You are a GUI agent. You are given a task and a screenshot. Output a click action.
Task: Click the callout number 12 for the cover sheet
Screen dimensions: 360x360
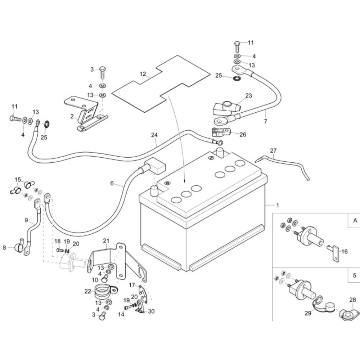143,75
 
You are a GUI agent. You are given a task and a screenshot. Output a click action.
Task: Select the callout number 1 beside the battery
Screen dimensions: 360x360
278,206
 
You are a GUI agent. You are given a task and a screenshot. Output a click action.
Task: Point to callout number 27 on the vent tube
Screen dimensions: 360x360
273,151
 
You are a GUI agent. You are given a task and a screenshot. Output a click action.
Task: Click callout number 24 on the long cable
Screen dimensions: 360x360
154,135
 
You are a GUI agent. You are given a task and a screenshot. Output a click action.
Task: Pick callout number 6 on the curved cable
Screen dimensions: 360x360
112,183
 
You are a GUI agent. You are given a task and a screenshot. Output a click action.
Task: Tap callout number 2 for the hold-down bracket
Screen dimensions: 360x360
72,116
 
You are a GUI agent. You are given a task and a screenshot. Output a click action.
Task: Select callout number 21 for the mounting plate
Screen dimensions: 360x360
106,240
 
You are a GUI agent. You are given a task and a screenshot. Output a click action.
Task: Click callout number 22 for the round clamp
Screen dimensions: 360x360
88,292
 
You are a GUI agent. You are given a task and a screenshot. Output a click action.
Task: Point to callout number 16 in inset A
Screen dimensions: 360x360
345,251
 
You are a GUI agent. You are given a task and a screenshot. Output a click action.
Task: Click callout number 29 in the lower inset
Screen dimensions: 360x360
308,314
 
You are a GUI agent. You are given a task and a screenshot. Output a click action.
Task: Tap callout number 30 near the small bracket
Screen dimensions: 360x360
151,311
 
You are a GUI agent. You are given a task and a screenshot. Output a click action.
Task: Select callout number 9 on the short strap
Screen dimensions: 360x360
26,220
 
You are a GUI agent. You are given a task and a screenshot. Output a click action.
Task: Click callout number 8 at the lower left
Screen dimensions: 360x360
5,247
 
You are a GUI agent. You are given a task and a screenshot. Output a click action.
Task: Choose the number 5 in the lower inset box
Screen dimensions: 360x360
355,276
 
